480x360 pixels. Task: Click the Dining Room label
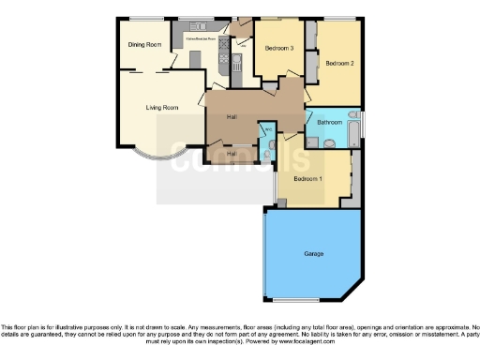(144, 44)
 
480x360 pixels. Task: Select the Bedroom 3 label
(278, 48)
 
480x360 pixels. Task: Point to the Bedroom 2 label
(338, 63)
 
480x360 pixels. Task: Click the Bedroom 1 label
(307, 178)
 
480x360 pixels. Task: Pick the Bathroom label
(329, 123)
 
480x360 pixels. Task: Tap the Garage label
(313, 253)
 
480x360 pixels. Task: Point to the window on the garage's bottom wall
(304, 299)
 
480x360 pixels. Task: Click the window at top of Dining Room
(144, 18)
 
